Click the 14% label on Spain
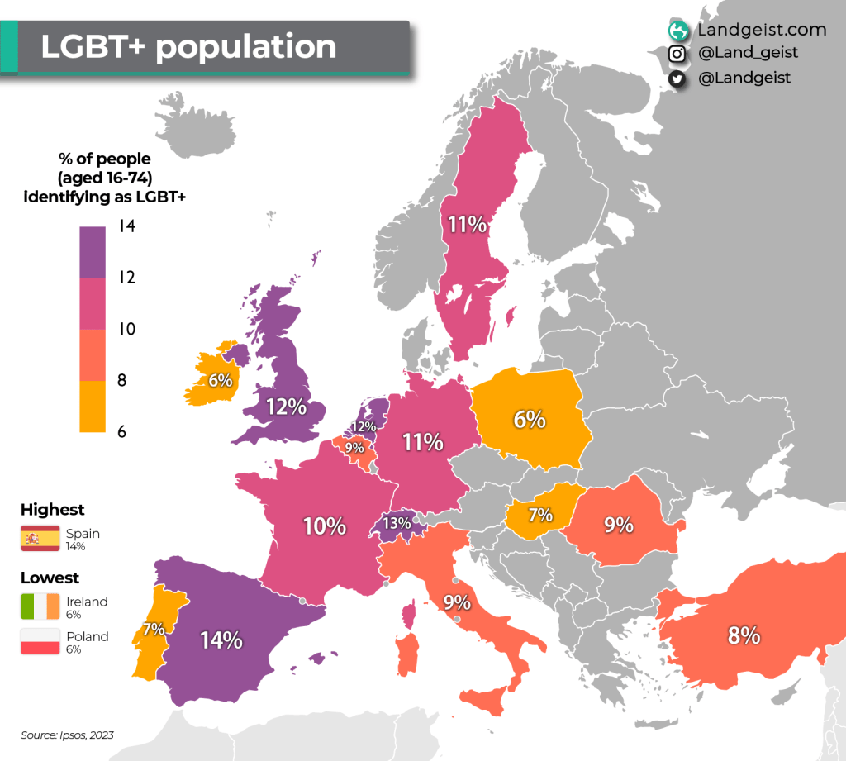coord(221,640)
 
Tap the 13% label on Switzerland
coord(397,523)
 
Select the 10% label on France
coord(324,526)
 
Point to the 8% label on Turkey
coord(744,635)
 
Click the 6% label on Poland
coord(530,419)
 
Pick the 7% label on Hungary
coord(540,515)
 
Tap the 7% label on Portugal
coord(154,629)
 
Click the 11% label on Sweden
coord(467,224)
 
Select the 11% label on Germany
coord(423,442)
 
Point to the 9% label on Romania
coord(618,524)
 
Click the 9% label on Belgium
coord(354,448)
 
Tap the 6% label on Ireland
coord(220,381)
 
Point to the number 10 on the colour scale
coord(126,329)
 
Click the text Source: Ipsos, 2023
coord(67,735)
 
